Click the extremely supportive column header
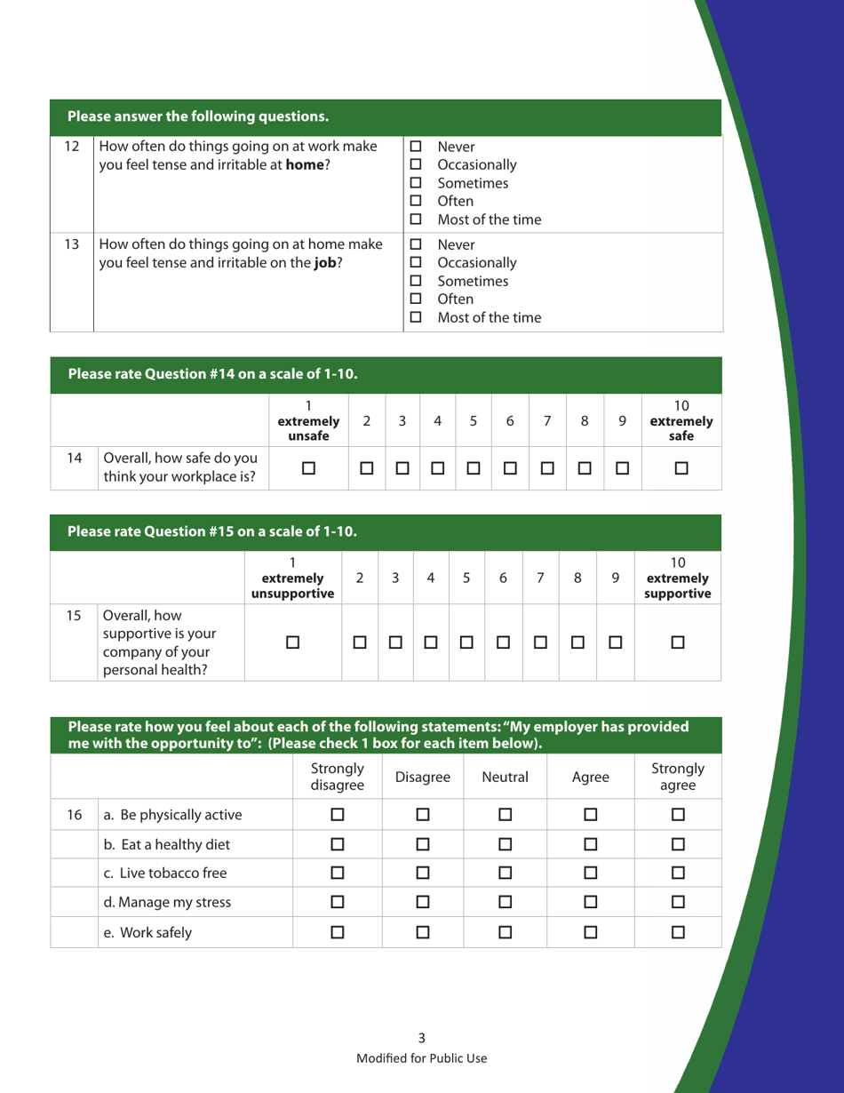coord(677,578)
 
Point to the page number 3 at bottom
coord(421,1037)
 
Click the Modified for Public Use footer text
coord(421,1057)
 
